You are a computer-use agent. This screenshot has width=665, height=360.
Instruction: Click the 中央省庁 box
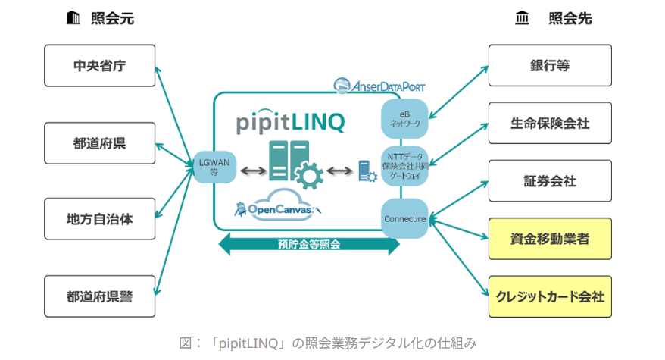pos(100,65)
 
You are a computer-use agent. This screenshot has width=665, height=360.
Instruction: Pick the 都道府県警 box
pos(100,296)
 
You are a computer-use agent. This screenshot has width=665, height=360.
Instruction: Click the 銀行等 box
pos(549,65)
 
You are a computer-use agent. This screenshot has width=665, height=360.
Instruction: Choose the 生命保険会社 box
pos(549,123)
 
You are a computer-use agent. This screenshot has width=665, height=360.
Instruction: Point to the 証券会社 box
pos(549,181)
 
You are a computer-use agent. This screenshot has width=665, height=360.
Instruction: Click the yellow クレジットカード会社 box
pos(549,296)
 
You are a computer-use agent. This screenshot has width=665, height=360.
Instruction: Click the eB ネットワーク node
pos(404,118)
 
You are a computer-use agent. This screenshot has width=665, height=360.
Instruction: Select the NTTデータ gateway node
pos(404,165)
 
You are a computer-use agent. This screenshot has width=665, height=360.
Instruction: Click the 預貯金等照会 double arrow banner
pos(309,244)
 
